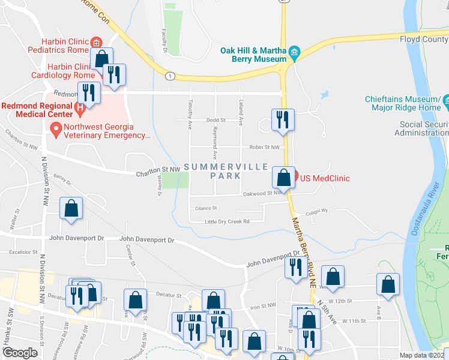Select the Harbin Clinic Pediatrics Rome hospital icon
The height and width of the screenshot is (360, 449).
point(95,42)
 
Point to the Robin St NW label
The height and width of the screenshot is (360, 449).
point(265,147)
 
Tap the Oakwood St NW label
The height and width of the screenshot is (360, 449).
point(263,193)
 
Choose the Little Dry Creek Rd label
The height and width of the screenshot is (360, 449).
point(227,221)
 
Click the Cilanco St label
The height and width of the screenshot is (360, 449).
point(205,208)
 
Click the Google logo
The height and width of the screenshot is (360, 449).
point(20,352)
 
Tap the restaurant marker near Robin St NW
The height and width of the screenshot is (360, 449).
point(281,120)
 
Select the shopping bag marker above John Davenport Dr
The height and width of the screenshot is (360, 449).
point(71,209)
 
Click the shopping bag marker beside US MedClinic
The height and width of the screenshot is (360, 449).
point(283,178)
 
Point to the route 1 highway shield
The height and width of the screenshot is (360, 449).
point(171,76)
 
